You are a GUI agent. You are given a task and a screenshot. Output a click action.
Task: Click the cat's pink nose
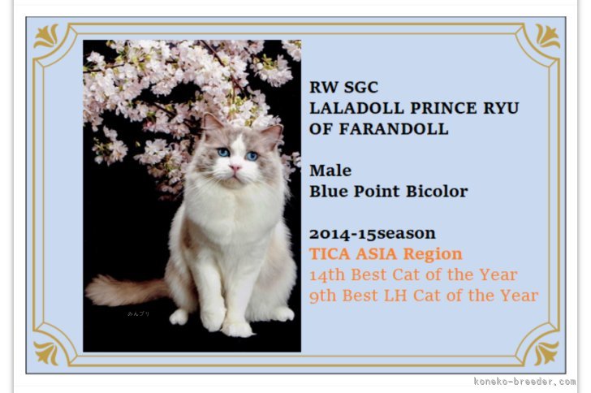tap(235, 167)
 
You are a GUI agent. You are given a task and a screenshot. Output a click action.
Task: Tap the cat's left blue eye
tap(223, 153)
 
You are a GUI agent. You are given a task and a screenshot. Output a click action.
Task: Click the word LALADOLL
tap(356, 108)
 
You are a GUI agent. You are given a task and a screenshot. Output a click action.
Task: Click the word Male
tap(330, 171)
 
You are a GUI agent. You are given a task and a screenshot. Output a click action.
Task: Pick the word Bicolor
tap(437, 191)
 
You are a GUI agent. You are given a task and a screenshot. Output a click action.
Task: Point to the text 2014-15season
tap(373, 234)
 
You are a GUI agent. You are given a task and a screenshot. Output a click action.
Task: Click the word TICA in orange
tap(330, 254)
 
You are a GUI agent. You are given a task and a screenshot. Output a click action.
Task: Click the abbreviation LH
tap(395, 296)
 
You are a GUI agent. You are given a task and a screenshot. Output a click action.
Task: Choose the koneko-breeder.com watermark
tap(524, 382)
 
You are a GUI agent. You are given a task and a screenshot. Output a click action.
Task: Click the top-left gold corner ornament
tap(46, 37)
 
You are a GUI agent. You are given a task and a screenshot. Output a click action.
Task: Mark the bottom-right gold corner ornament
tap(547, 353)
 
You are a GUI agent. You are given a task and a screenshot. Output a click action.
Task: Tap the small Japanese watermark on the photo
tap(138, 313)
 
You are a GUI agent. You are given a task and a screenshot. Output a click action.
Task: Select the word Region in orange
tap(433, 255)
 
